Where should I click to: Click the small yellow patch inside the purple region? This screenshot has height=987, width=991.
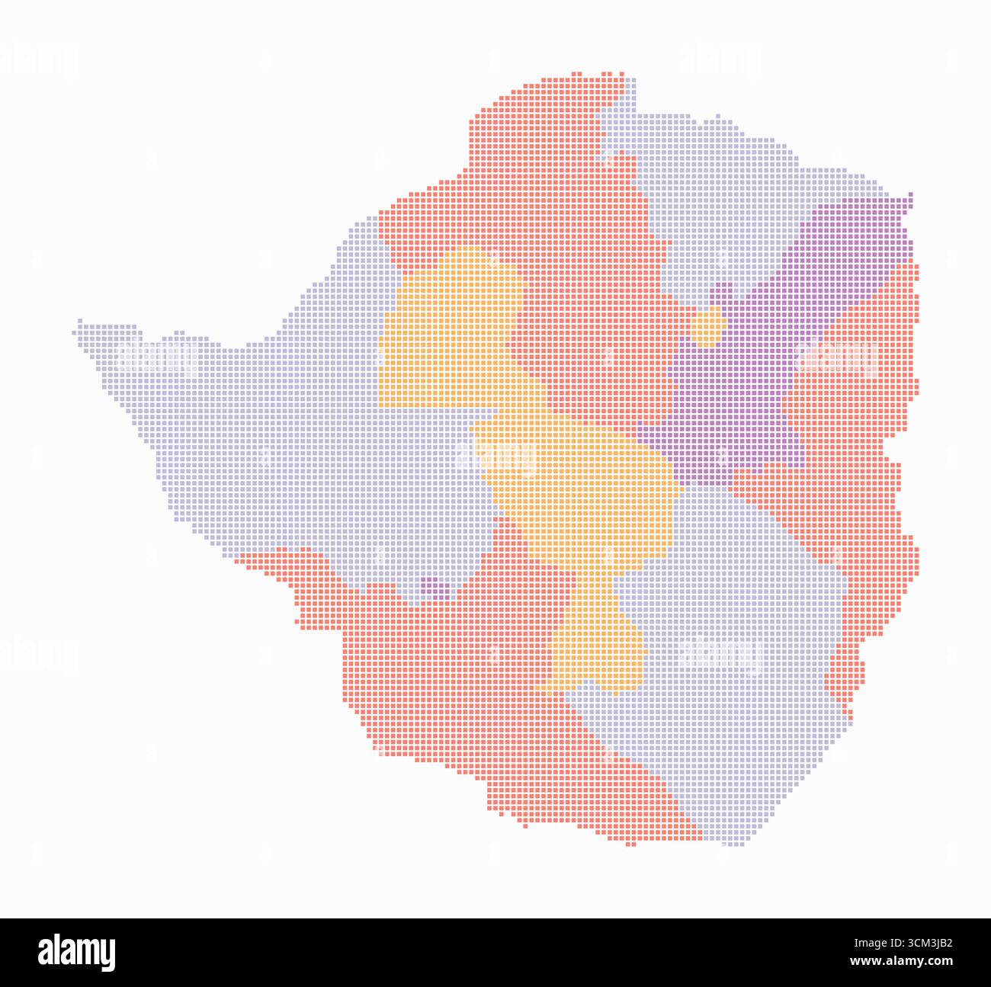click(x=708, y=327)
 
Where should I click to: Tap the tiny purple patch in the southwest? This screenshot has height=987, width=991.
click(x=434, y=588)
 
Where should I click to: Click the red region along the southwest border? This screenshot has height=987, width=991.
click(x=442, y=686)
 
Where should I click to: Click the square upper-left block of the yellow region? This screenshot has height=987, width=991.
click(x=450, y=328)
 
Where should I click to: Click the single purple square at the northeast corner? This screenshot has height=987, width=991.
click(x=909, y=199)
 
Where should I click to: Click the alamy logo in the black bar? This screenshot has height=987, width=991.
click(x=77, y=952)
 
